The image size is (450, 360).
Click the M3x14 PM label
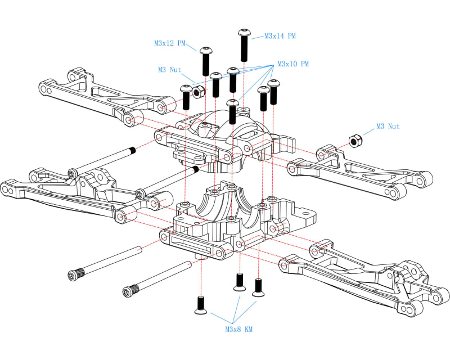[280, 36]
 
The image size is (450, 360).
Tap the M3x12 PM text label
[170, 43]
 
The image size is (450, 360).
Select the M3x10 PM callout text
[292, 64]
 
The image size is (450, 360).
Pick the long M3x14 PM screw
[244, 45]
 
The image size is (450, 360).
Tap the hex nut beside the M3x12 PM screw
[197, 91]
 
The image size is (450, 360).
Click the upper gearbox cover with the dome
[225, 138]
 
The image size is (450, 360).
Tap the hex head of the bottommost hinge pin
[129, 291]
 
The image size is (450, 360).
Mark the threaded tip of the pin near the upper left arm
[133, 150]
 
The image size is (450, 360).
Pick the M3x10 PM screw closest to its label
[273, 92]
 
